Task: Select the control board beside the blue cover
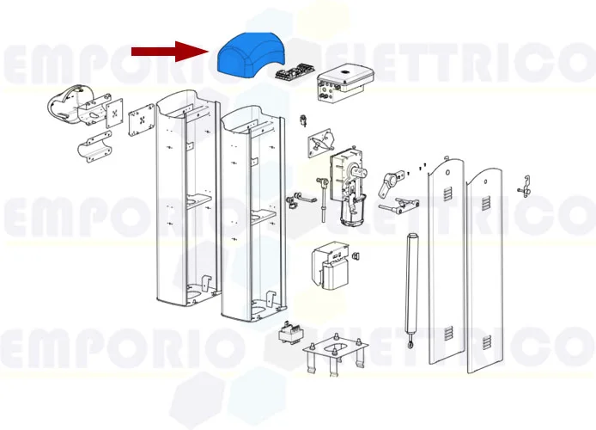(x=291, y=73)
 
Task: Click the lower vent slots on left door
(x=448, y=335)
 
